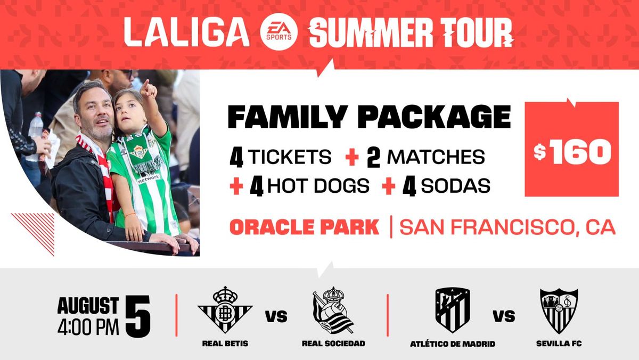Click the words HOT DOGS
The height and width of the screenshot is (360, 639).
tap(318, 186)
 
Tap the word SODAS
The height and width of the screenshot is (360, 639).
tap(455, 186)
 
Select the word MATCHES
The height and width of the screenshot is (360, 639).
tap(436, 157)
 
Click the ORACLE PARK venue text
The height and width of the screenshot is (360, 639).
tap(305, 227)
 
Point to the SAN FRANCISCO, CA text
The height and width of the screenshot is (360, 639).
tap(507, 227)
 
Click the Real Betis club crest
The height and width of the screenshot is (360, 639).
tap(225, 310)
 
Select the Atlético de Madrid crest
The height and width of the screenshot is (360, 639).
tap(453, 310)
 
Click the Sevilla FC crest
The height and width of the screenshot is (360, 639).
tap(559, 311)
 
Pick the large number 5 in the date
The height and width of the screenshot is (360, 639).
tap(138, 316)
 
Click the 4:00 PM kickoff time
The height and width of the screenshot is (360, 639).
tap(88, 327)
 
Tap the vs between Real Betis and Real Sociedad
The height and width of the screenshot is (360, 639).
tap(276, 316)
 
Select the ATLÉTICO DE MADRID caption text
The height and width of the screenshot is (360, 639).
tap(453, 344)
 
